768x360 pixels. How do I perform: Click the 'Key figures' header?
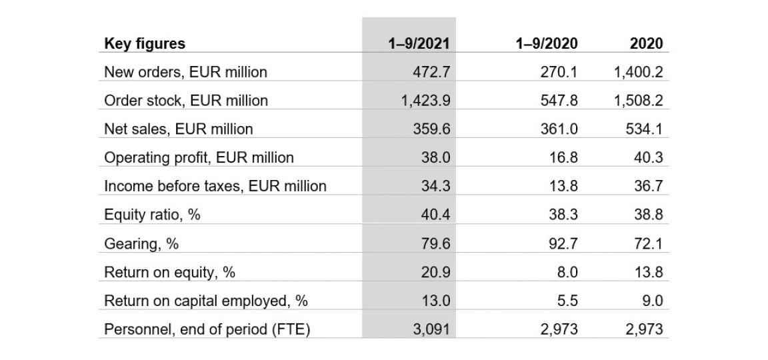(145, 44)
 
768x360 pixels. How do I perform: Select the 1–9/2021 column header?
(419, 44)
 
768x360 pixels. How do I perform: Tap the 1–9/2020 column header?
(547, 44)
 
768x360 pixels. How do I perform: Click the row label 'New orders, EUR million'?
(185, 72)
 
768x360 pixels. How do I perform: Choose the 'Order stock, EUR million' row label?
(186, 101)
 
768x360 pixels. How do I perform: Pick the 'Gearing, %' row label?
(141, 244)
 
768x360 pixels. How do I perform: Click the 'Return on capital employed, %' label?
(206, 301)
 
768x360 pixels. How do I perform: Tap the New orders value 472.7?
(431, 72)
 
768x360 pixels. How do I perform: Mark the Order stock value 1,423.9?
(423, 101)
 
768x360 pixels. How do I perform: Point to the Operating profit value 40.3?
(648, 158)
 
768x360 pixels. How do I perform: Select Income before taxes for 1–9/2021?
(436, 187)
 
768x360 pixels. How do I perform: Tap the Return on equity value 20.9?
(436, 273)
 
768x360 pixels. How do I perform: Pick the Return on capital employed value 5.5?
(567, 301)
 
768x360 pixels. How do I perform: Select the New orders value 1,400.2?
(638, 72)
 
